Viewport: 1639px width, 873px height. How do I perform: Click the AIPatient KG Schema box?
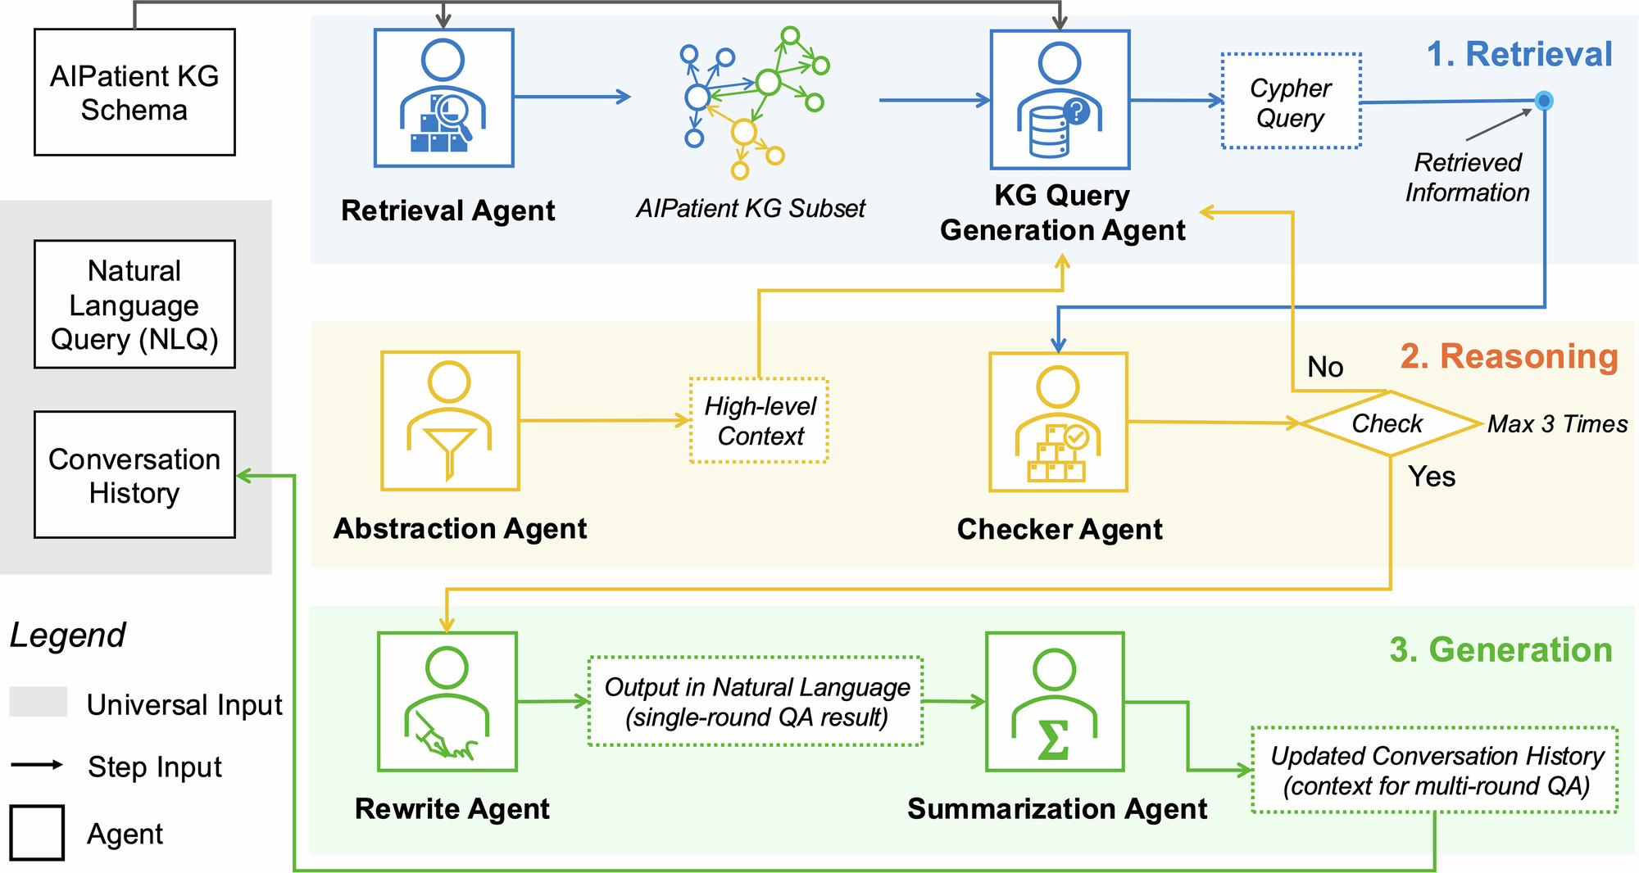134,93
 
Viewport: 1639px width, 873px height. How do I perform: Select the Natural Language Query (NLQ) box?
134,305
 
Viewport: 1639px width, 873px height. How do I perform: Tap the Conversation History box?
134,475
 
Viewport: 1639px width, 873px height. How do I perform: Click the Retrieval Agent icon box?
443,98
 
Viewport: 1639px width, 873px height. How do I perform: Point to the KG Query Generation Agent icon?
1060,100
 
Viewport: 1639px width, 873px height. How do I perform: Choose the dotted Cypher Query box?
1291,102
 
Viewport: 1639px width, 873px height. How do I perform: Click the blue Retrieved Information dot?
1544,101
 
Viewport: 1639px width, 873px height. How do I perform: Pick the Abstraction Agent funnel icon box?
450,421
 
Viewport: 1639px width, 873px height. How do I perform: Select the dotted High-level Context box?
760,421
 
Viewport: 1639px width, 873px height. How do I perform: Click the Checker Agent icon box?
1058,422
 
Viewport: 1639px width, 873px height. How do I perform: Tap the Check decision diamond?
1389,423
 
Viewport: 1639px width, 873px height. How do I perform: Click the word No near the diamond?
1325,367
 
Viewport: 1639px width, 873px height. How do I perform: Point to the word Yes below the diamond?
1432,477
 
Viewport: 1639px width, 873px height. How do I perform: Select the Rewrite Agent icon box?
447,702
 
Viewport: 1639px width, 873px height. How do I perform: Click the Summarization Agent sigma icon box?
1055,702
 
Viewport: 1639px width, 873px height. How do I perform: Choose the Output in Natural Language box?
756,702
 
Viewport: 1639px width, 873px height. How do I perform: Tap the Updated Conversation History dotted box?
1435,771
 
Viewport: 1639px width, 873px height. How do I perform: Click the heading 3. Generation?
1501,650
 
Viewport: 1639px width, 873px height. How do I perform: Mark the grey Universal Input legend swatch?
39,703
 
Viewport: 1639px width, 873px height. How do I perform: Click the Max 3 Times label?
1557,424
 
